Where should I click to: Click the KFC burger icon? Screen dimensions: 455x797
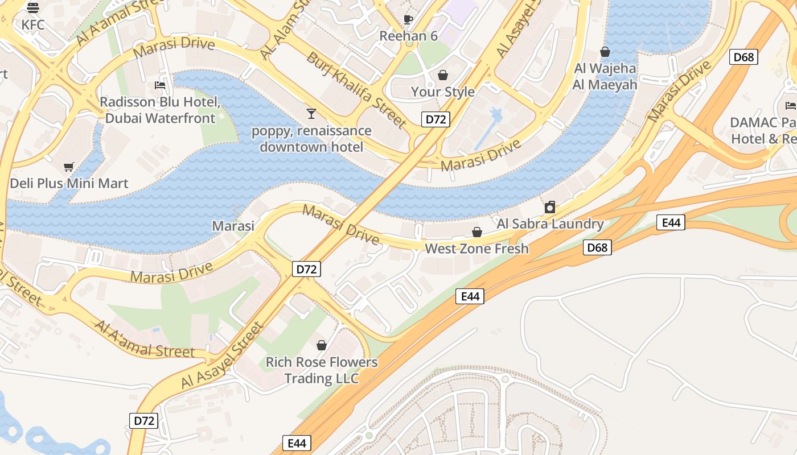coord(33,7)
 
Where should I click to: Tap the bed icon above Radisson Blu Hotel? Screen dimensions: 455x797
coord(160,85)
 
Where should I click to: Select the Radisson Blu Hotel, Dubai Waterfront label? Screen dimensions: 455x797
coord(160,110)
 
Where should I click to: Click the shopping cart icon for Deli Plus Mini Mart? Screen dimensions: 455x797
coord(69,167)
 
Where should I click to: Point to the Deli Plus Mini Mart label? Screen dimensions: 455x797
coord(69,183)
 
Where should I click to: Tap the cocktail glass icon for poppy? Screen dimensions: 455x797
coord(311,113)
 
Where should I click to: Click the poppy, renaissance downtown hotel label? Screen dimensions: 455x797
coord(311,139)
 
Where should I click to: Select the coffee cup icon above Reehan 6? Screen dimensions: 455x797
coord(408,19)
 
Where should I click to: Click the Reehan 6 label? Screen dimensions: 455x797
coord(408,36)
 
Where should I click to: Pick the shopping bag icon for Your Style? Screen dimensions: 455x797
coord(442,75)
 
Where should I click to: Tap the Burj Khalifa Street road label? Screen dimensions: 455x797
coord(356,89)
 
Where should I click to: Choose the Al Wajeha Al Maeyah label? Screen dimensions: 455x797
coord(605,77)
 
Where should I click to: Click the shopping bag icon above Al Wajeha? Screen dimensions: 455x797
coord(605,52)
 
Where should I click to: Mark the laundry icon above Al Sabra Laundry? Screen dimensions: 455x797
coord(550,207)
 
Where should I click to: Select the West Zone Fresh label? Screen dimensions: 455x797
coord(476,249)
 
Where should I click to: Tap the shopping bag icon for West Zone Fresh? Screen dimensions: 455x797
coord(477,232)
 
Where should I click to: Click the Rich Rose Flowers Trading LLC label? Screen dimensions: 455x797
coord(322,370)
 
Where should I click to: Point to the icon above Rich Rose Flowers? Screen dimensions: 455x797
coord(322,345)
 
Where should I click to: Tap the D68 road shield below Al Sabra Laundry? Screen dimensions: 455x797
coord(597,247)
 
